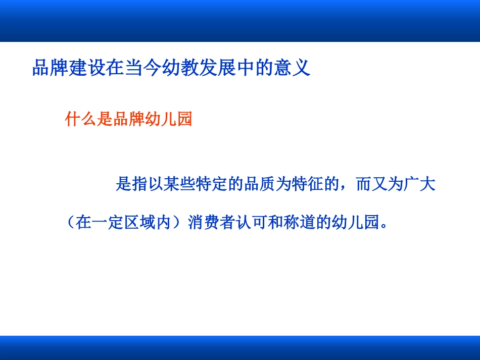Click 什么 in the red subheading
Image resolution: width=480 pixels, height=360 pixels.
click(81, 120)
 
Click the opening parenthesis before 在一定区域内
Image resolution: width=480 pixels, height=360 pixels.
click(71, 223)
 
